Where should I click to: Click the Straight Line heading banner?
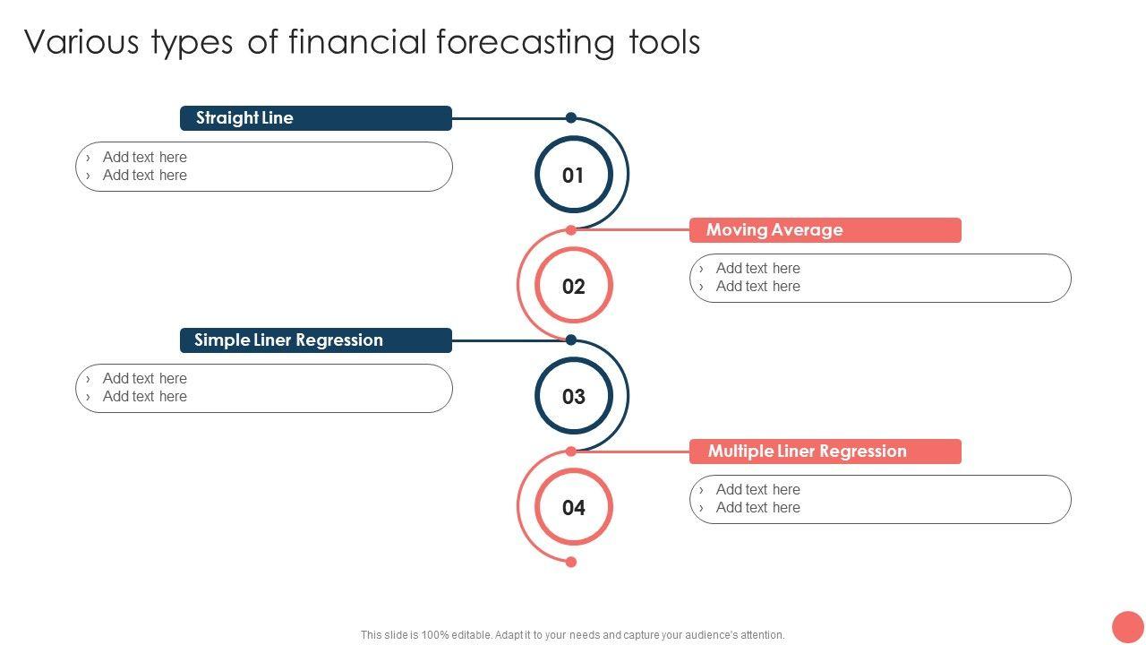[316, 118]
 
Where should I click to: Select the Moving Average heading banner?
[825, 230]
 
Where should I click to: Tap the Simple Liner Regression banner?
[316, 340]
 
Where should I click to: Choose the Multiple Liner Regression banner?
[825, 451]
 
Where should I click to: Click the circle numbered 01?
[574, 139]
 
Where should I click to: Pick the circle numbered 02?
[574, 251]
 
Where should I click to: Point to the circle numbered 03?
[574, 361]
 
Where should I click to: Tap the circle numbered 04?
[574, 472]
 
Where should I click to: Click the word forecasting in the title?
[525, 42]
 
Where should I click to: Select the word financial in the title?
[357, 41]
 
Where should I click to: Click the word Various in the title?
[81, 41]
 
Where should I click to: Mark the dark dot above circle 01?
[571, 117]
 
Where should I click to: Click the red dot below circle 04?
[571, 562]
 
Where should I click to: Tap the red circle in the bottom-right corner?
[1128, 627]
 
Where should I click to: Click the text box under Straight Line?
[264, 167]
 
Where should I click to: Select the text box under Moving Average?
[880, 278]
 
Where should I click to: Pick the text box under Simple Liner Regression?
[264, 389]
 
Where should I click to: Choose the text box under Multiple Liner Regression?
[880, 500]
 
